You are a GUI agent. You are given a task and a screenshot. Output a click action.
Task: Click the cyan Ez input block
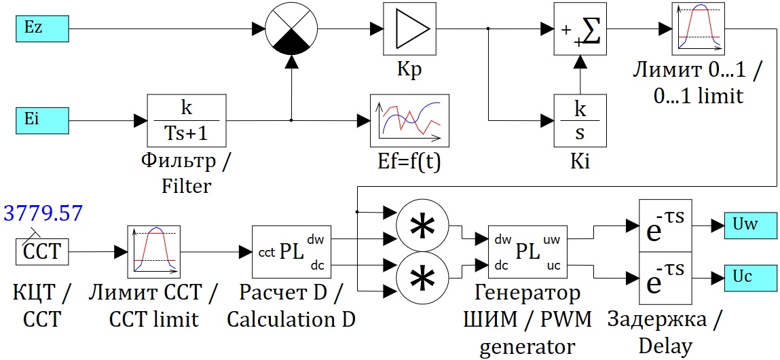click(x=41, y=29)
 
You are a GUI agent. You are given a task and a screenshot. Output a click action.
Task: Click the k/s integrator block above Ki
click(x=580, y=121)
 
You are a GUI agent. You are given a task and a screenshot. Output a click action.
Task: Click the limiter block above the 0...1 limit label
click(x=699, y=29)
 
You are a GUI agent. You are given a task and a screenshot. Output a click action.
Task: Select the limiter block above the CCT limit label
click(x=156, y=252)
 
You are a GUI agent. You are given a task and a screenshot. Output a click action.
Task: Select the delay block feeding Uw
click(x=666, y=225)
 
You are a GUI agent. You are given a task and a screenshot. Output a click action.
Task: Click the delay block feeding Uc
click(x=666, y=278)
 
